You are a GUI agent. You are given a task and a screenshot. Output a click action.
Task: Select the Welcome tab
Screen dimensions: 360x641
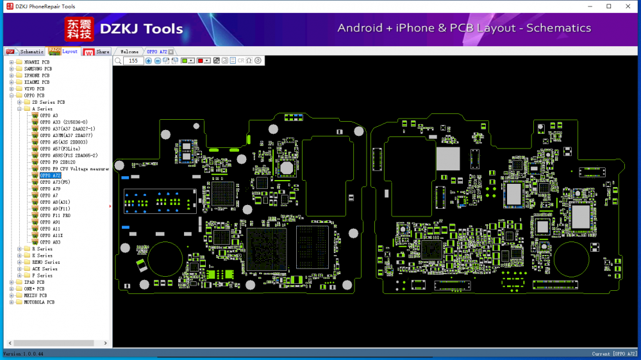[x=129, y=51]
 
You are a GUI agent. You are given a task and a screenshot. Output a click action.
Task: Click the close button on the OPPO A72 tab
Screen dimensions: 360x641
[x=171, y=51]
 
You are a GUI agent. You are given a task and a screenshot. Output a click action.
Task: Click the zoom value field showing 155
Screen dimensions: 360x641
[x=133, y=61]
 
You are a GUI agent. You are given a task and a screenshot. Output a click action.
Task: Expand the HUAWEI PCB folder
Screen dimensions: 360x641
[x=12, y=62]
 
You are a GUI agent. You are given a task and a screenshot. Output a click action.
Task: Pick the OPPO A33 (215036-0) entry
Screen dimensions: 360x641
[x=63, y=122]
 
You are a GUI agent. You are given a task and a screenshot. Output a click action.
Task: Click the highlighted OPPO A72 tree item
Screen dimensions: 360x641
[x=50, y=175]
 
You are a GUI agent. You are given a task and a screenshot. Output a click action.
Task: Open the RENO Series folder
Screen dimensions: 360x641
[x=46, y=262]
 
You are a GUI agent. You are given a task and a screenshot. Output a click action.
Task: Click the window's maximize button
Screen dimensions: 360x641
[x=608, y=6]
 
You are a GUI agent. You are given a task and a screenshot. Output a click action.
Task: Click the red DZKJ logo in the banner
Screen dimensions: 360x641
[x=78, y=29]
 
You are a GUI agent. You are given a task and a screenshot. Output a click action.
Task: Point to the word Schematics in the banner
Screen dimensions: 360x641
[x=558, y=28]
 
